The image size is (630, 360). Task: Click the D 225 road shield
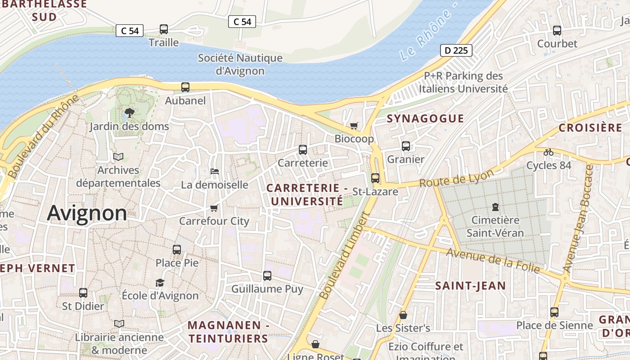click(x=456, y=50)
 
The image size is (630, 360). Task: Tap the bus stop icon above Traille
click(x=164, y=29)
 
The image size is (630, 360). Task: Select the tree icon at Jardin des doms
click(x=130, y=112)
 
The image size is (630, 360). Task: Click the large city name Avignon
click(x=87, y=213)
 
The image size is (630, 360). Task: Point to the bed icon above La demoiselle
click(x=215, y=171)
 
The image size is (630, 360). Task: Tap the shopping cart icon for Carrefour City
click(x=214, y=208)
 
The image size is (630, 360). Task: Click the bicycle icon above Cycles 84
click(x=549, y=152)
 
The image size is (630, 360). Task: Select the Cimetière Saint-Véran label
click(x=495, y=226)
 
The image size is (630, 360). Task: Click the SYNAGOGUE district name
click(x=425, y=119)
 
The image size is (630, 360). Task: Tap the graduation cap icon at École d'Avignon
click(x=160, y=283)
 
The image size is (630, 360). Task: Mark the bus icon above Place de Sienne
click(x=554, y=312)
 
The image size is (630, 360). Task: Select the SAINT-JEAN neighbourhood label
click(x=470, y=286)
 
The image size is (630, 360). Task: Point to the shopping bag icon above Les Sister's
click(x=403, y=315)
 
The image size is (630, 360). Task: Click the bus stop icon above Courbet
click(x=557, y=31)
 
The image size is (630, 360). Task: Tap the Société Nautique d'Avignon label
click(x=240, y=64)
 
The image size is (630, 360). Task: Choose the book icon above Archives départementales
click(x=118, y=157)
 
